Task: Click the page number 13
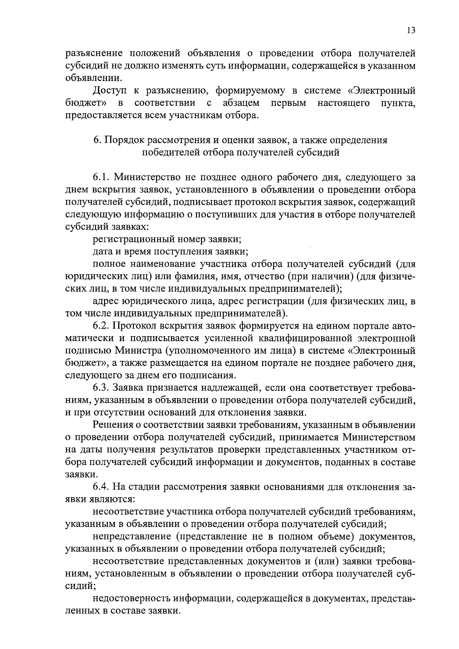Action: (411, 31)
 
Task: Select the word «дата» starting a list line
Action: (103, 252)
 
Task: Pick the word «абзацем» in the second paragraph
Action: (241, 103)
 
